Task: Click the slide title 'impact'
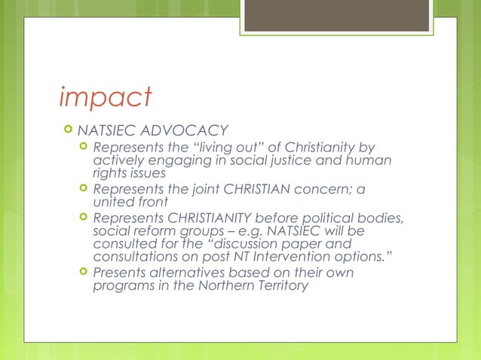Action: (x=106, y=98)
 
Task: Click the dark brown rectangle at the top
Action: (x=339, y=15)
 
